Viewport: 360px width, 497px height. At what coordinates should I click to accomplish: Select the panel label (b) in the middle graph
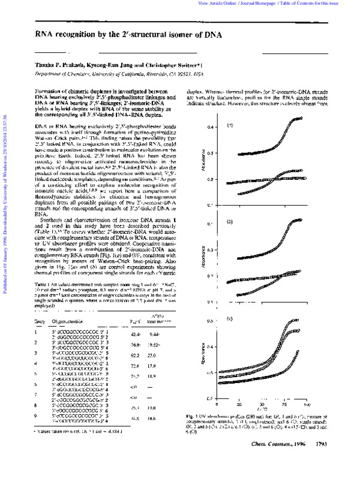(x=229, y=222)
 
